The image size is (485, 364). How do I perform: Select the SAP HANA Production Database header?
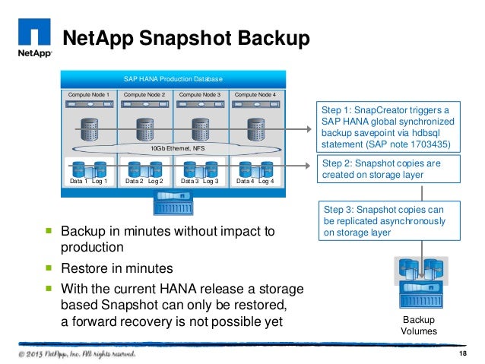point(173,79)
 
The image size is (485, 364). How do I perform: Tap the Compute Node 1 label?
point(90,94)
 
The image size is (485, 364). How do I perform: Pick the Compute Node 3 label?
point(200,94)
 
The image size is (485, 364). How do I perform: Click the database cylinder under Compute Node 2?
point(145,128)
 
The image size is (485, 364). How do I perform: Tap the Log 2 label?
point(156,182)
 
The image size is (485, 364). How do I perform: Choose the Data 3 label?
point(189,182)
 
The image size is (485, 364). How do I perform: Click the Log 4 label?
point(267,182)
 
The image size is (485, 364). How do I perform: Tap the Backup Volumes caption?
point(420,325)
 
